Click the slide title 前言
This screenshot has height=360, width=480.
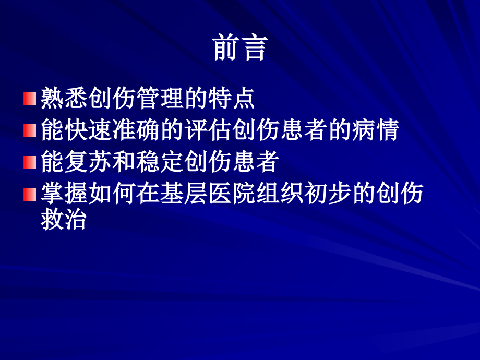point(240,48)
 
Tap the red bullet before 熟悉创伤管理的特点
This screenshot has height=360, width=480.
point(30,99)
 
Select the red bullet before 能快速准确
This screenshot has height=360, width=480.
point(30,131)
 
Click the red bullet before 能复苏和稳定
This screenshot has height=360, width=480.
point(30,163)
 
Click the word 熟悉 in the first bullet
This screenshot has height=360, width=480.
point(65,99)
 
